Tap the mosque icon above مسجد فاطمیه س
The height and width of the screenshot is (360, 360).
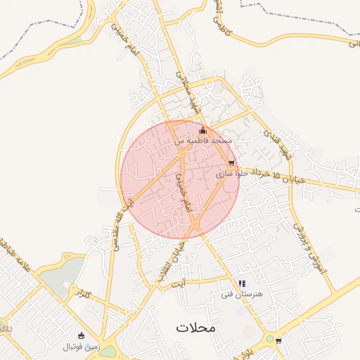203,130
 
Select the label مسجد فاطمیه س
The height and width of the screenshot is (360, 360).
204,141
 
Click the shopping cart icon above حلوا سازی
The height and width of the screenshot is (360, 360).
231,162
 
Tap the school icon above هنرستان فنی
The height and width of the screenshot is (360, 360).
242,283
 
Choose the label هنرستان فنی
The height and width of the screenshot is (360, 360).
241,294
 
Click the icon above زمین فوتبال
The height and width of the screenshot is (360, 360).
82,335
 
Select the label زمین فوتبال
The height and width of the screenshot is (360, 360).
82,346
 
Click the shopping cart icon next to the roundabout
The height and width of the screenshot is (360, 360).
279,341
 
